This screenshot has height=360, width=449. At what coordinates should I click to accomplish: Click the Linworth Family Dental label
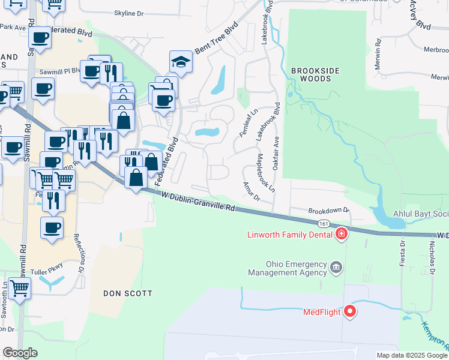click(290, 235)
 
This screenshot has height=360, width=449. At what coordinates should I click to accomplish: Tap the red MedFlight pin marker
click(349, 311)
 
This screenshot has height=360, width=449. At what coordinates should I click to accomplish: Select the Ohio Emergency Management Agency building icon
click(336, 266)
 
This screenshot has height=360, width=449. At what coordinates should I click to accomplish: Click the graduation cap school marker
click(179, 62)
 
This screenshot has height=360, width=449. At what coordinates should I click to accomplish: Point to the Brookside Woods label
click(315, 74)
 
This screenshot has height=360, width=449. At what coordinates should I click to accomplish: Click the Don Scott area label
click(127, 293)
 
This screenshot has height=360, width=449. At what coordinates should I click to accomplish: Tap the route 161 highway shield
click(324, 223)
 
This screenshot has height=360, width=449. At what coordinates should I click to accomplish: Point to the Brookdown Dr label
click(329, 211)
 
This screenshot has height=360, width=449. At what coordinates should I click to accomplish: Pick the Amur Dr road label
click(250, 191)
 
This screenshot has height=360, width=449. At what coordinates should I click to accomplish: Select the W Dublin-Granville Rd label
click(198, 201)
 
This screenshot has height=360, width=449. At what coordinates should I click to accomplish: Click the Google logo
click(20, 353)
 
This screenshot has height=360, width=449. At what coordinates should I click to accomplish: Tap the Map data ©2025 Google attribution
click(411, 355)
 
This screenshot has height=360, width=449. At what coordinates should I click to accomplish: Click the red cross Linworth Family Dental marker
click(341, 233)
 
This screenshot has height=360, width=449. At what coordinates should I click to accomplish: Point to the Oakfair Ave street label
click(276, 152)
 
